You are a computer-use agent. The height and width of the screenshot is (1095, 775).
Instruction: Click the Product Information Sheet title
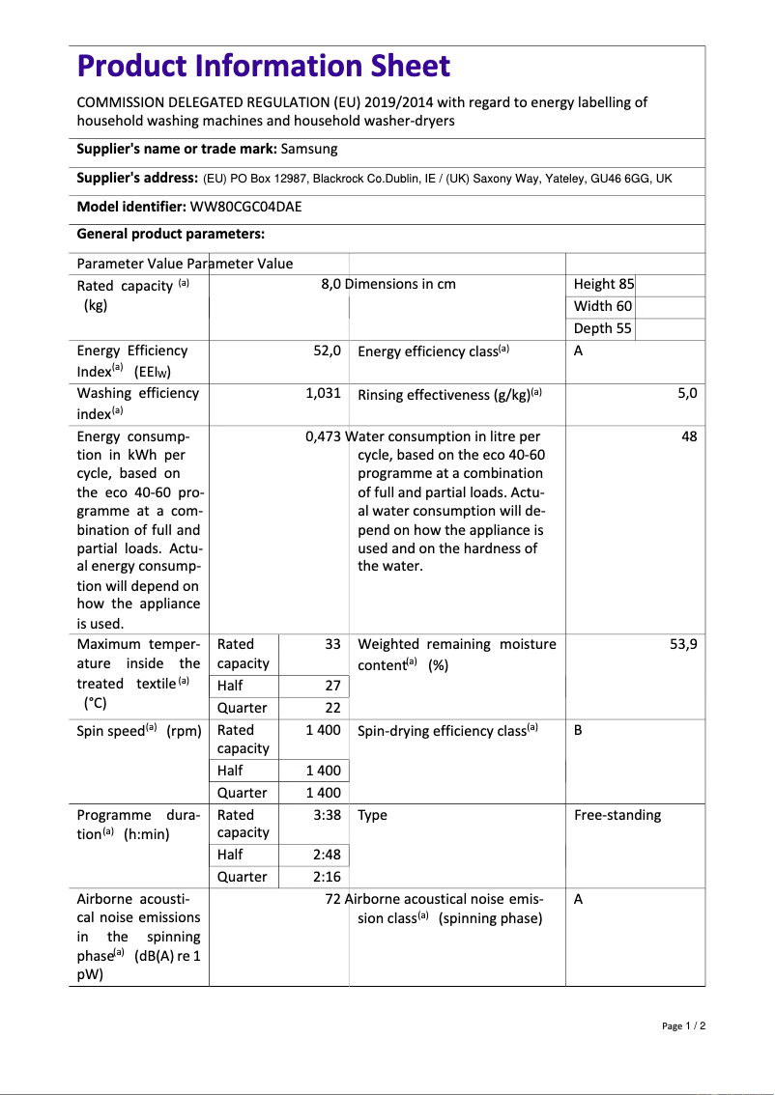263,66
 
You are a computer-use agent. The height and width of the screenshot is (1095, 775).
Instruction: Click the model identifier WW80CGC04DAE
252,207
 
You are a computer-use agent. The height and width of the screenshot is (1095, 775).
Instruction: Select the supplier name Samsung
309,149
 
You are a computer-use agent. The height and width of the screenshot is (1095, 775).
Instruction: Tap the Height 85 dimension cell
604,284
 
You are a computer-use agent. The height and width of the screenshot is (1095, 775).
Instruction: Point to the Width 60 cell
603,306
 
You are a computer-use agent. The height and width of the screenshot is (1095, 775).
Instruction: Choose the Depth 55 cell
603,328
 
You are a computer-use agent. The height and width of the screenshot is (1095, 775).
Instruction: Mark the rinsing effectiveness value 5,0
687,393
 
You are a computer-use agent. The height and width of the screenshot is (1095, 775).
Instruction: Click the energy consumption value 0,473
323,436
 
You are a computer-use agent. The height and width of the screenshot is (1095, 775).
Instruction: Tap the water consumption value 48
689,436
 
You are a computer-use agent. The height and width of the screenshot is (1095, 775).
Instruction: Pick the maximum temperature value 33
332,644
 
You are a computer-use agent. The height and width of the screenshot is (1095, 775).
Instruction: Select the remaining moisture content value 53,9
683,644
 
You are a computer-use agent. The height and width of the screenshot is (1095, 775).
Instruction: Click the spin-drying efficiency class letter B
578,730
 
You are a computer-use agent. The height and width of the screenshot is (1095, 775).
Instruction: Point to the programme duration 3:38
327,815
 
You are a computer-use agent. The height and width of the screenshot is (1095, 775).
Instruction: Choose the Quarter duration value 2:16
327,877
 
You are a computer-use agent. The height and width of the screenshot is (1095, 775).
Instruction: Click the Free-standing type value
617,815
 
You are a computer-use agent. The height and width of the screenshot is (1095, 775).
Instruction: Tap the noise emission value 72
333,899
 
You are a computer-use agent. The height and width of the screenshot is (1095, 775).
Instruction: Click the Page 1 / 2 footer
683,1025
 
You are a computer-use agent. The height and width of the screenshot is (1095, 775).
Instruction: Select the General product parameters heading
170,234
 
